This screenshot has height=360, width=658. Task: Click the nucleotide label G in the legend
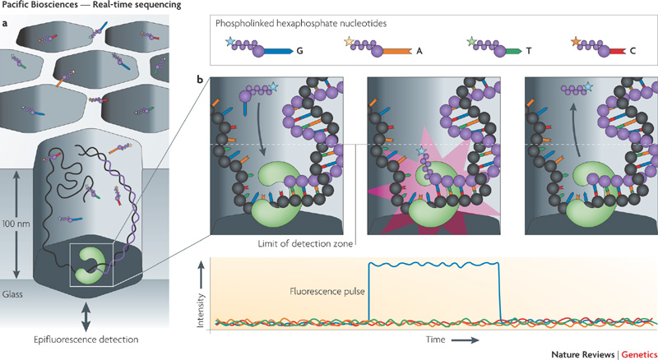(x=299, y=50)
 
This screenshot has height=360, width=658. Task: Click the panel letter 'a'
(x=6, y=22)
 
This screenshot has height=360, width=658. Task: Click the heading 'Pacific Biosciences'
(x=37, y=6)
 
